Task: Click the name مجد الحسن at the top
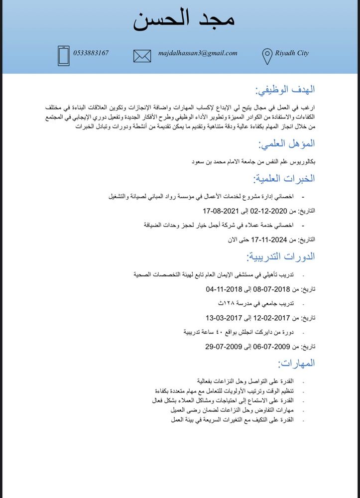[x=184, y=19]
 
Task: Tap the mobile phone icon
[x=64, y=55]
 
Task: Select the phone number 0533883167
[x=91, y=53]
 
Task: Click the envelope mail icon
[x=142, y=55]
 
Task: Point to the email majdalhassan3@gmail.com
[x=198, y=53]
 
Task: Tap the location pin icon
[x=267, y=56]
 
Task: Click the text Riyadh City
[x=292, y=53]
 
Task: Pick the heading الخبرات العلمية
[x=284, y=178]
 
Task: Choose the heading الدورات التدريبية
[x=281, y=257]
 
